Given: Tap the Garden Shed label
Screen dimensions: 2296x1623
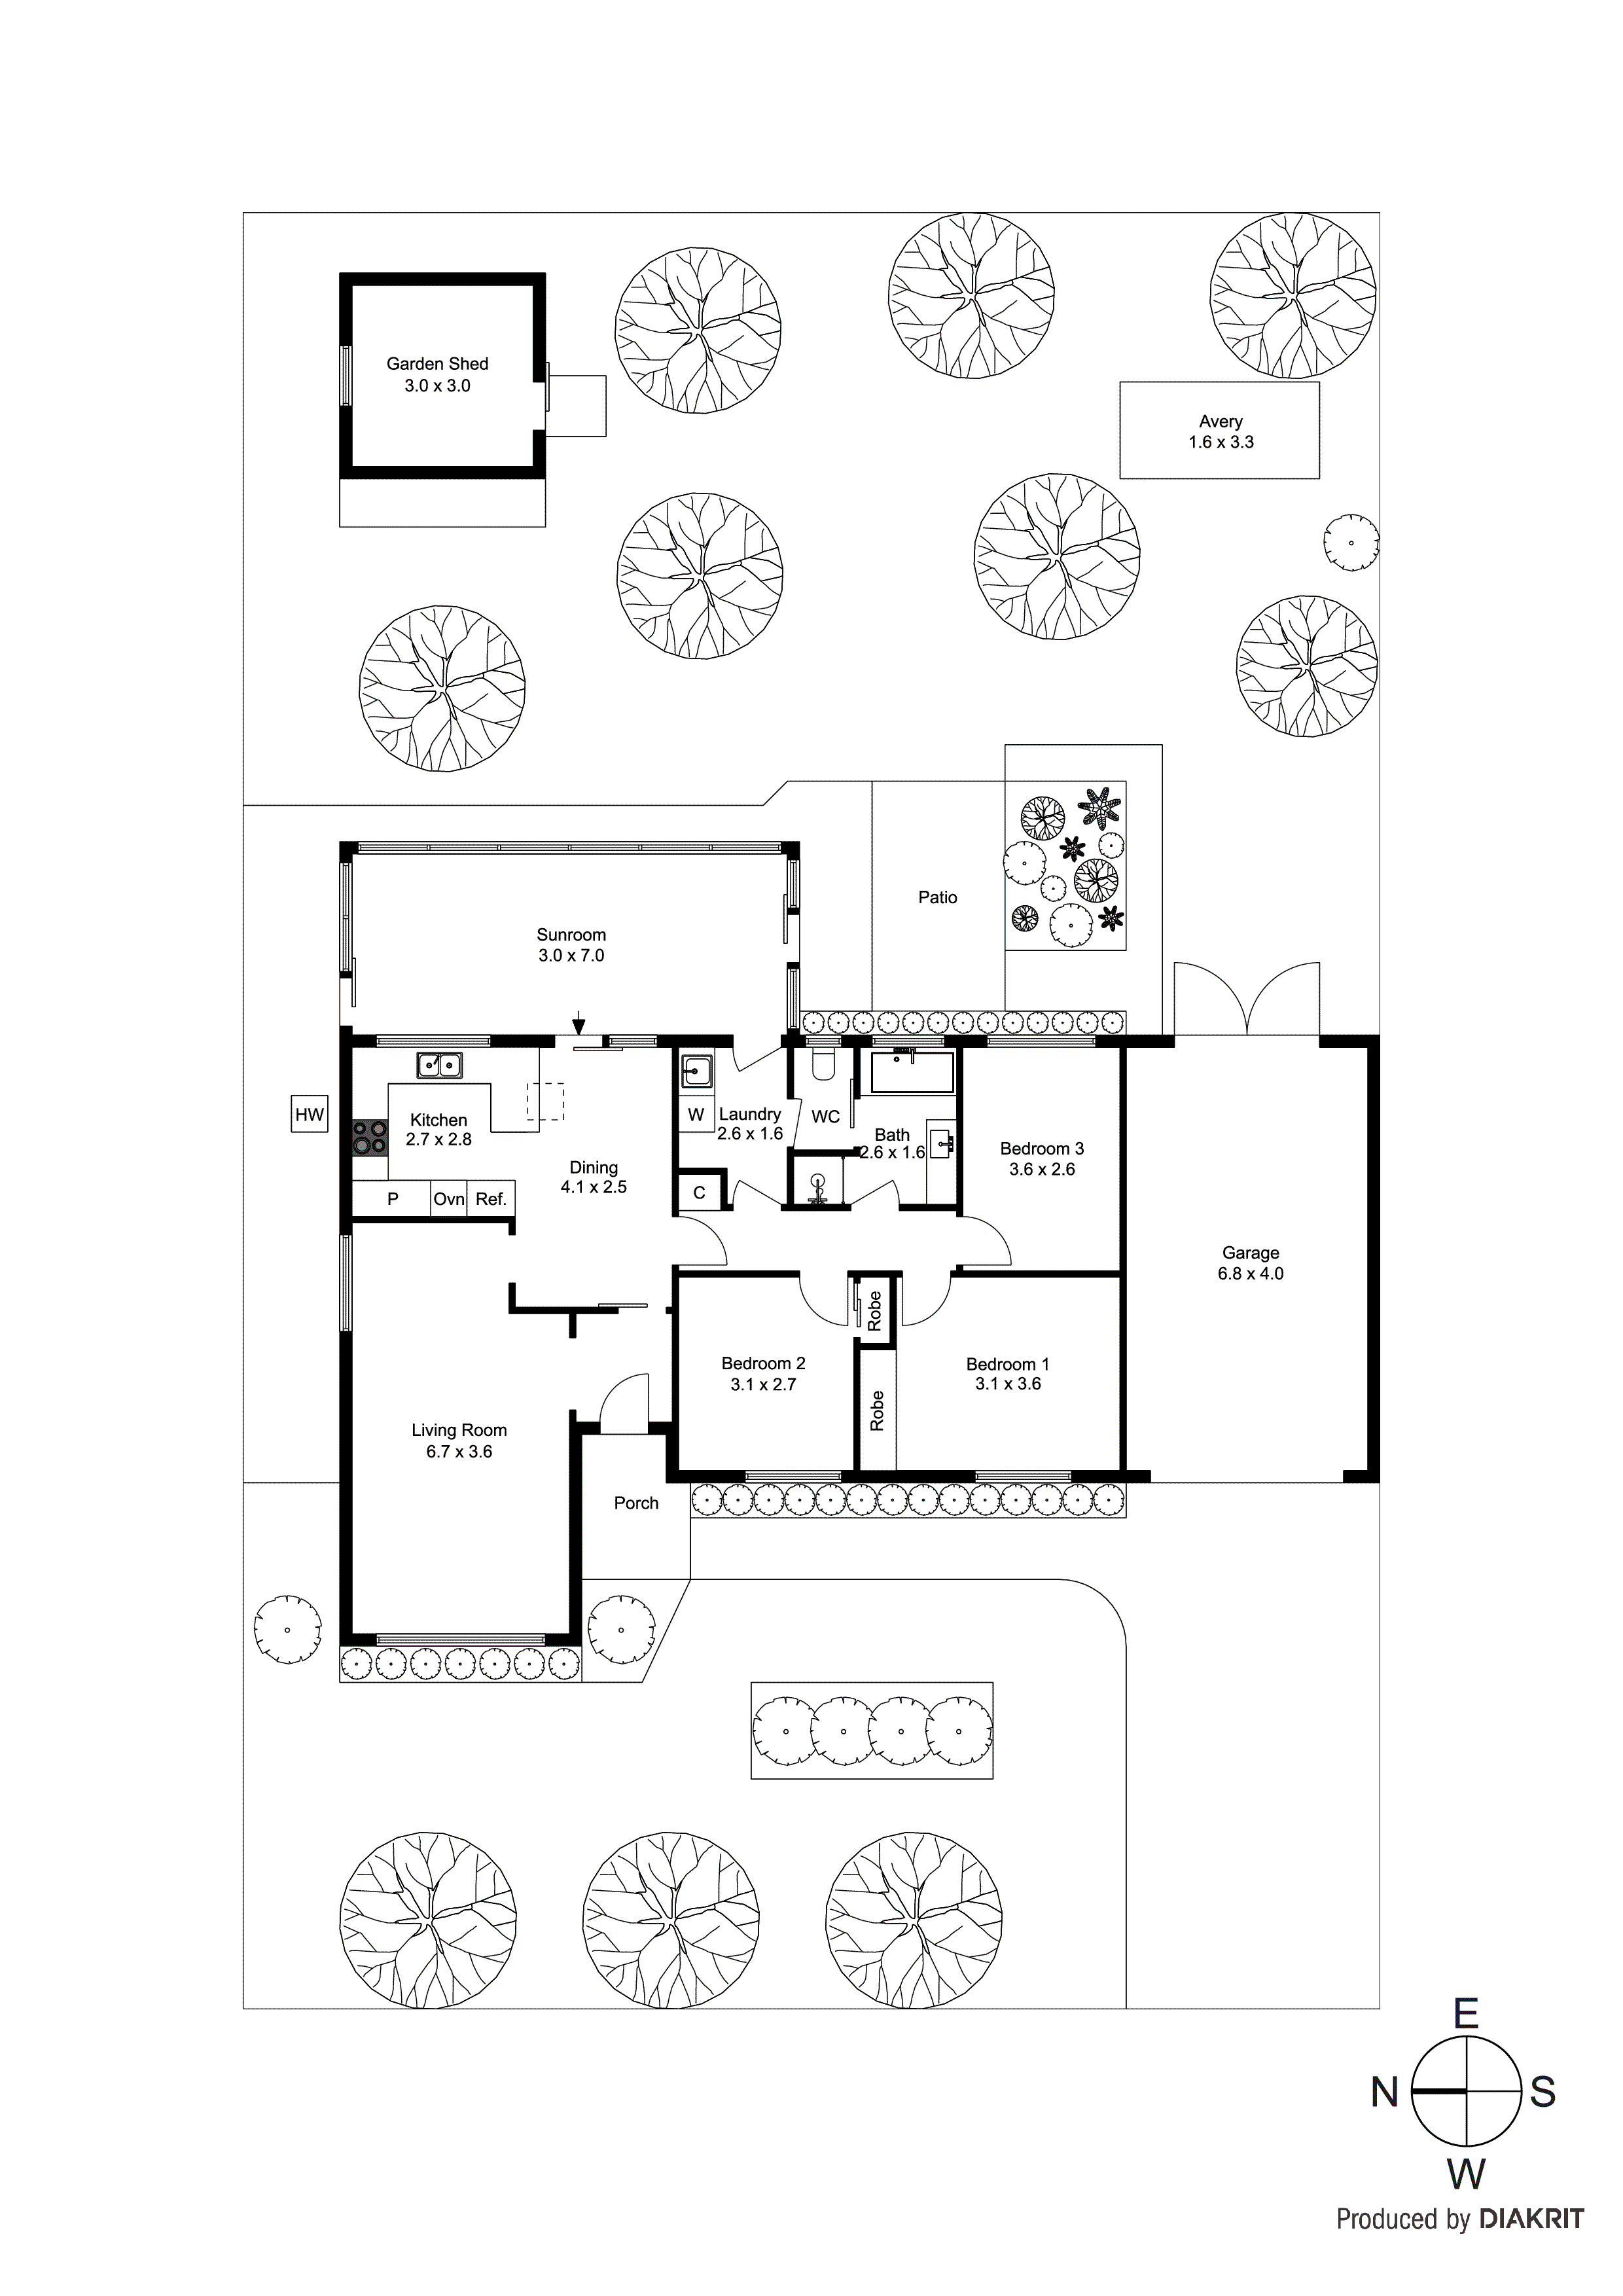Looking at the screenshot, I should (x=437, y=364).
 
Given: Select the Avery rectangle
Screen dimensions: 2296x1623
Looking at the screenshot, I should (x=1219, y=430).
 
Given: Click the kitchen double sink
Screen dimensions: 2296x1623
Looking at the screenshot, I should (x=439, y=1066).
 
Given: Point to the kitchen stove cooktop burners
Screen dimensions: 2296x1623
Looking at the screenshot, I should (x=370, y=1137).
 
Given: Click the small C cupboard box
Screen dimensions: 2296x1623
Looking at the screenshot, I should (x=699, y=1192).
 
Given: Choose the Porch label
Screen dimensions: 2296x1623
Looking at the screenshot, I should (x=636, y=1503).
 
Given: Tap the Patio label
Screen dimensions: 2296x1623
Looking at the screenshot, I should (x=937, y=898).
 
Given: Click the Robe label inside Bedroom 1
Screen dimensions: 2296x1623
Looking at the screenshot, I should (x=877, y=1410).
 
